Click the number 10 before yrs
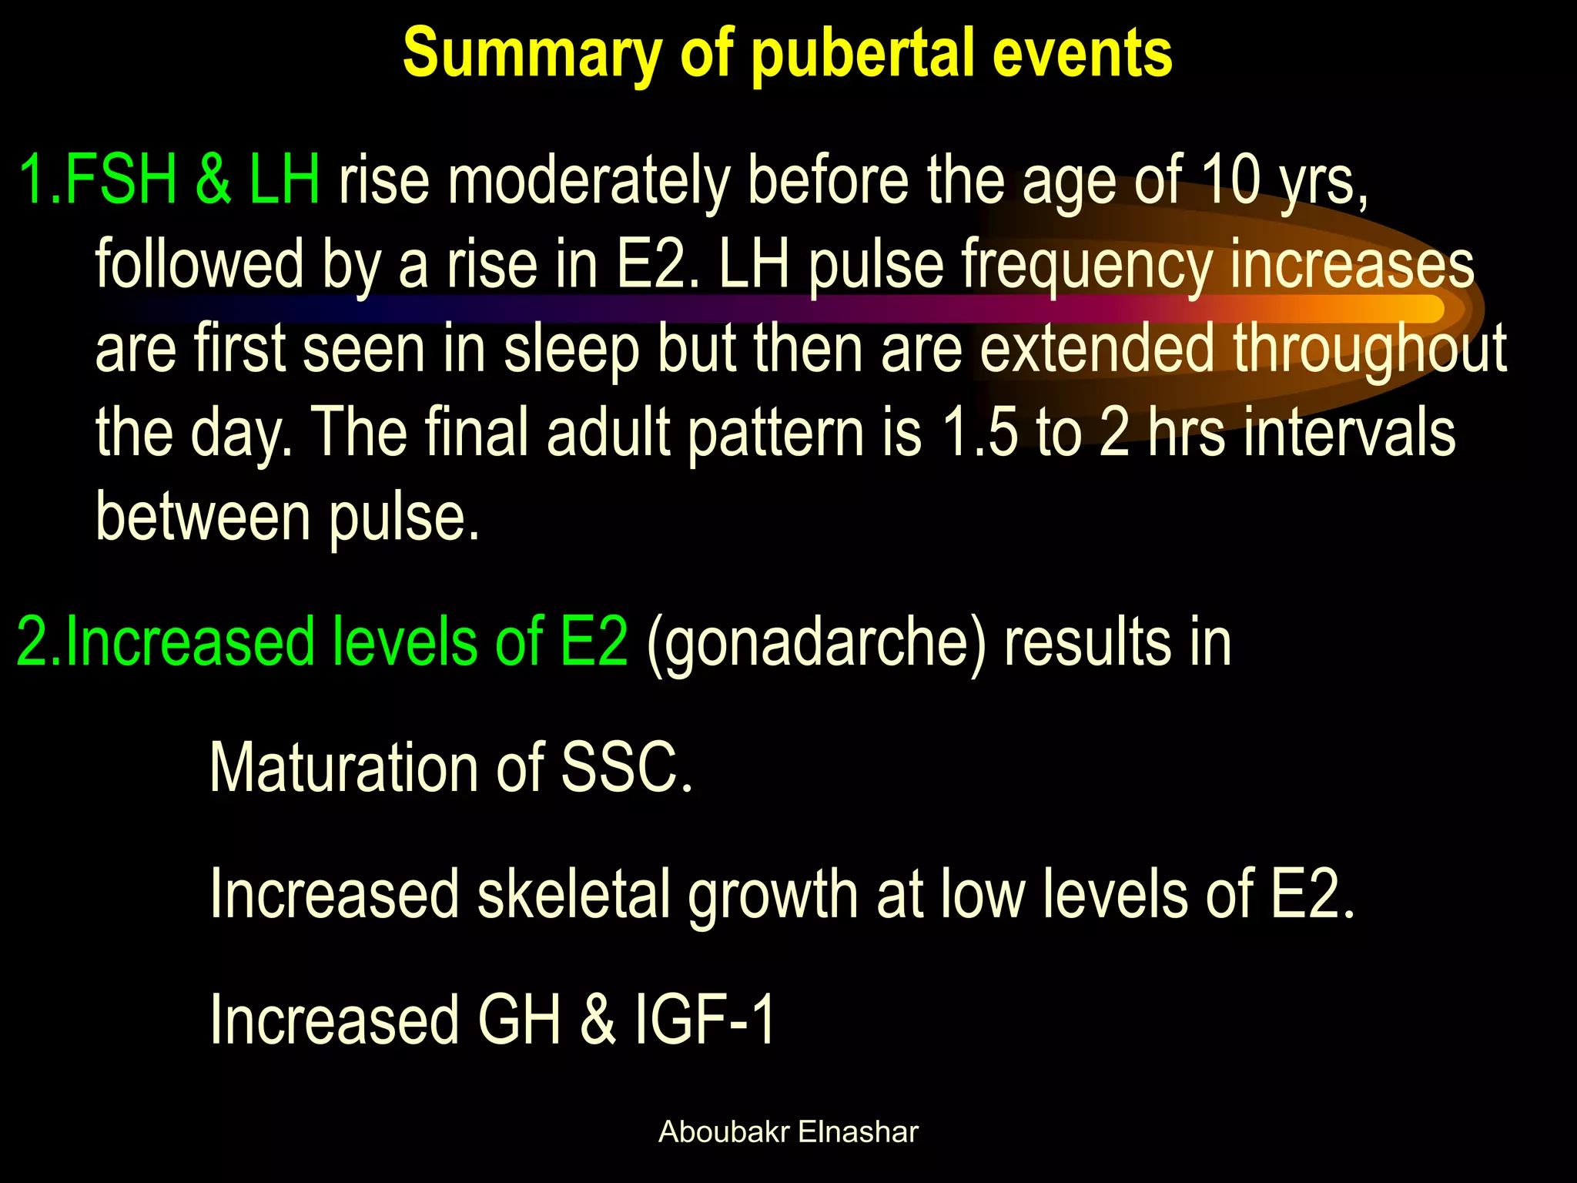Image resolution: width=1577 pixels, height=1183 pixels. click(x=1230, y=180)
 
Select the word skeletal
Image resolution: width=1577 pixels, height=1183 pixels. click(x=574, y=894)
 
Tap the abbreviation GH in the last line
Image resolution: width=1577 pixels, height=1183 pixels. click(x=520, y=1020)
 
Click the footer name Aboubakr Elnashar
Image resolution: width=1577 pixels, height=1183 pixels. click(x=788, y=1132)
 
